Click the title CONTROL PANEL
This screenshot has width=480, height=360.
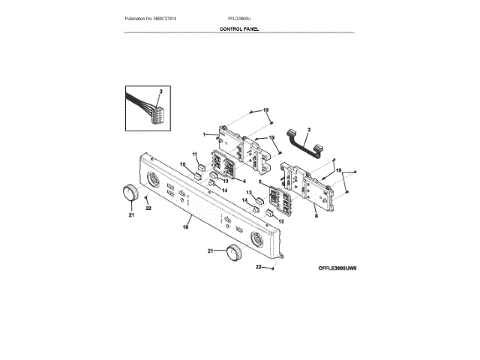(239, 28)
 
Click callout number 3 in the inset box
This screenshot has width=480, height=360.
(160, 90)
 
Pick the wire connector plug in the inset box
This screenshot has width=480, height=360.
(158, 114)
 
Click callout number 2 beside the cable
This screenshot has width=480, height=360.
(309, 129)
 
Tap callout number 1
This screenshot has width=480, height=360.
(204, 135)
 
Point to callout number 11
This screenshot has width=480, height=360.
(193, 155)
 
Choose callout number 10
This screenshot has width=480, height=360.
(182, 165)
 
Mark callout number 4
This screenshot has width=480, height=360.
(241, 181)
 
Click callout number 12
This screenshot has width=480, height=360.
(282, 222)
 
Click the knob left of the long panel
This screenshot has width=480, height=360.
(130, 192)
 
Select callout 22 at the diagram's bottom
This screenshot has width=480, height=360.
(259, 266)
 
